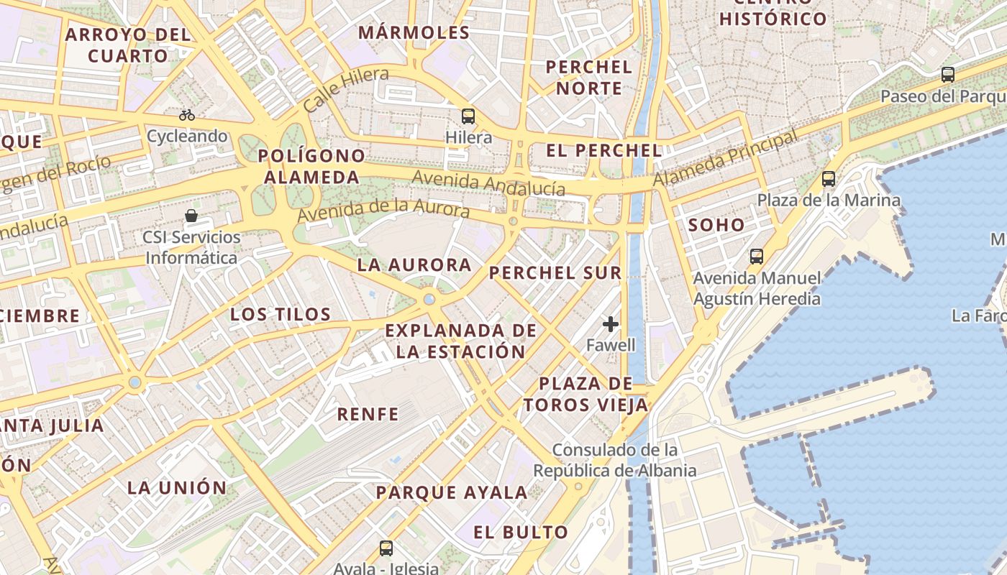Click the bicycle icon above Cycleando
click(187, 114)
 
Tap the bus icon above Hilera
click(468, 116)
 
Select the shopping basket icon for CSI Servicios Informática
click(191, 215)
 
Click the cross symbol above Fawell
click(611, 324)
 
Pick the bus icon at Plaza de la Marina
click(829, 179)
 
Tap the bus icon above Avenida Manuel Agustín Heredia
click(756, 256)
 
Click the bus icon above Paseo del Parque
click(948, 74)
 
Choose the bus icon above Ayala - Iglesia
click(386, 548)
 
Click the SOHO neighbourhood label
click(716, 225)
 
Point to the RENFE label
click(368, 414)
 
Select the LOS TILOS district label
click(281, 314)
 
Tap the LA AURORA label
click(414, 265)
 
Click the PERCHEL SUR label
click(555, 273)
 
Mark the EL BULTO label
click(521, 533)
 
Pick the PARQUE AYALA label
click(452, 493)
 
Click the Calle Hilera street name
click(346, 89)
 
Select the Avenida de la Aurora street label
click(383, 211)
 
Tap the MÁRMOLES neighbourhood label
click(414, 32)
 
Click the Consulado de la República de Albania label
click(615, 461)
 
